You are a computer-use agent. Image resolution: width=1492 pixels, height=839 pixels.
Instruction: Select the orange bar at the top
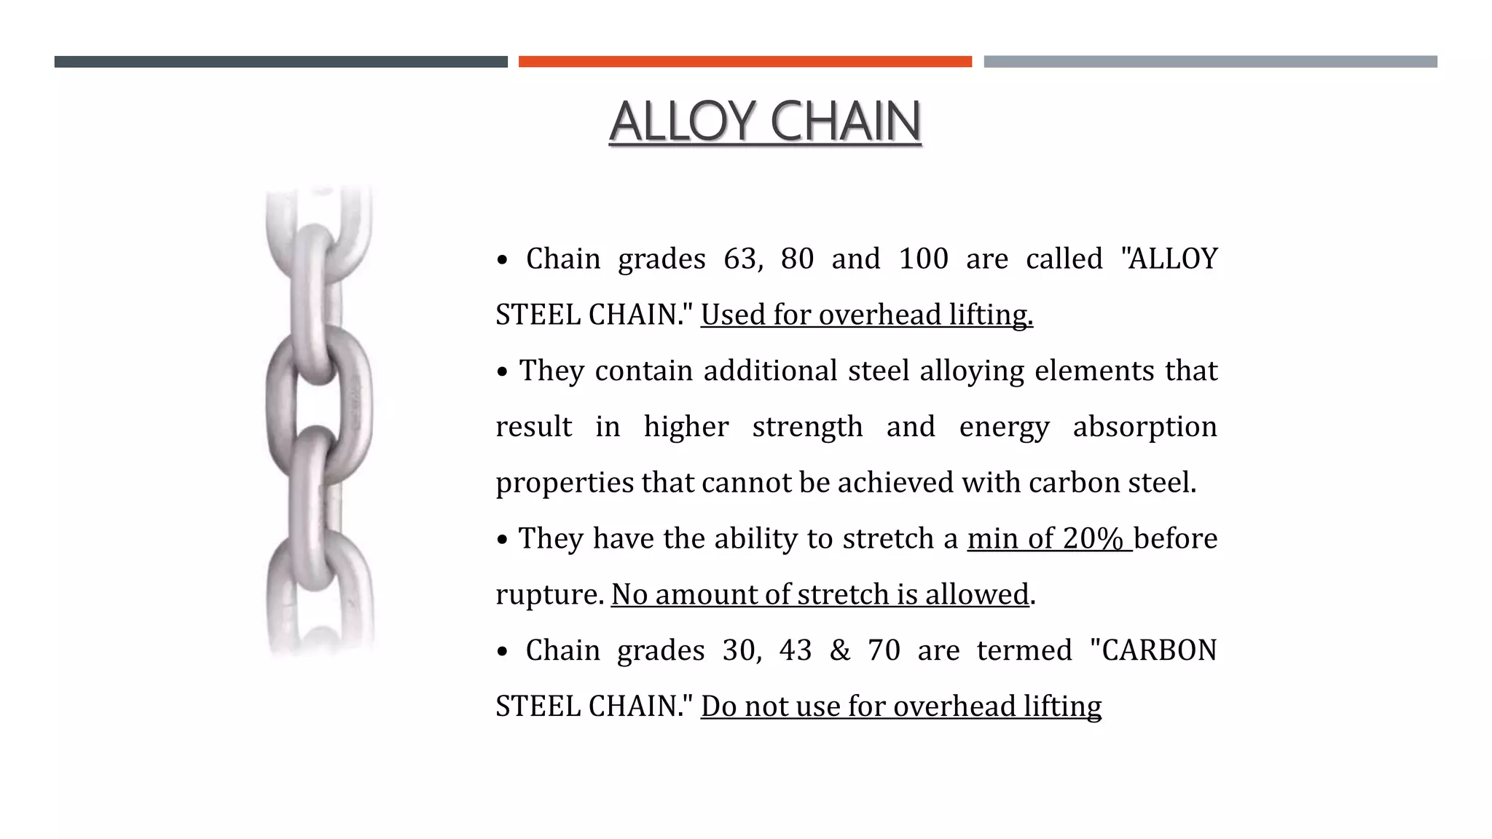(745, 62)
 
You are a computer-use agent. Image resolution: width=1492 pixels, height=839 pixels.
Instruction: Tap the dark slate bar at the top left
(280, 62)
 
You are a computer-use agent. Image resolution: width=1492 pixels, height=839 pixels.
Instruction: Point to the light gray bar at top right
(1210, 62)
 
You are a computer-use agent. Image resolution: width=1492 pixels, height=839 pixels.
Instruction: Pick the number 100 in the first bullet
(923, 259)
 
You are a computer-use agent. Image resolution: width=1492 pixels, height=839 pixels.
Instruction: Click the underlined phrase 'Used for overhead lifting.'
(867, 315)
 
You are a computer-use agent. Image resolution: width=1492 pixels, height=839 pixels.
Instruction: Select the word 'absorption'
(1144, 428)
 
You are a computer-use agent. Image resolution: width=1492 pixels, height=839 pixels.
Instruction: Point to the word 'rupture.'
(549, 595)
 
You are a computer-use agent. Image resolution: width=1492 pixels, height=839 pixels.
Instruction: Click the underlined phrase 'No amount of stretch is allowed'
(820, 595)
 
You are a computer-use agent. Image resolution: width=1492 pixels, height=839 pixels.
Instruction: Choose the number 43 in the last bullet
(796, 650)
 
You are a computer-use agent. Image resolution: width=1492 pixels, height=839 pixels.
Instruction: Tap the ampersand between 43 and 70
(840, 650)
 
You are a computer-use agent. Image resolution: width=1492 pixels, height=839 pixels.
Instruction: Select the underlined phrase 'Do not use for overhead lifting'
(901, 706)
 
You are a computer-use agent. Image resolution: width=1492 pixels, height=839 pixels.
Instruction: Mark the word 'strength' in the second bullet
(807, 428)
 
